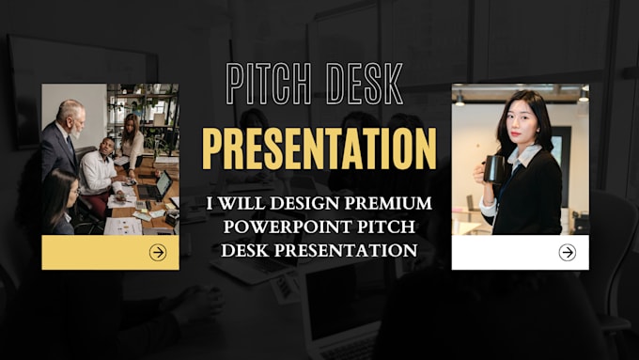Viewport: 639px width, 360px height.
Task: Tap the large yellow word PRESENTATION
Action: point(319,149)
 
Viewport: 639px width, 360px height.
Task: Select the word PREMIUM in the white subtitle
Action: point(388,204)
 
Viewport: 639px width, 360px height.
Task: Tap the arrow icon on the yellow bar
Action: point(158,252)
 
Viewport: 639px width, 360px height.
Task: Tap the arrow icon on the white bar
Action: point(567,252)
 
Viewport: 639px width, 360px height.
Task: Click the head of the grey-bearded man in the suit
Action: point(70,115)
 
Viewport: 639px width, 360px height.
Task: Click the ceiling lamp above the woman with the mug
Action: point(460,98)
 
